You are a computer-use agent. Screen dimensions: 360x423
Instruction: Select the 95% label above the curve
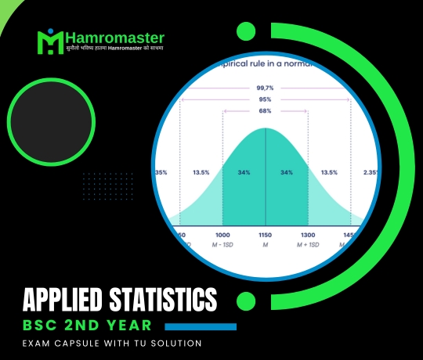[x=266, y=100]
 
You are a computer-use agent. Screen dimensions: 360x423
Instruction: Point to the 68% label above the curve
[x=266, y=112]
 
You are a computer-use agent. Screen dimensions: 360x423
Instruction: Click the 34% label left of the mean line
[x=244, y=173]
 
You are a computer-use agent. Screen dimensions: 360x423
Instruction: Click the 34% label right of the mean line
[x=287, y=173]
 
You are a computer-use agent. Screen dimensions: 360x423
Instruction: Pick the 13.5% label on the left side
[x=201, y=173]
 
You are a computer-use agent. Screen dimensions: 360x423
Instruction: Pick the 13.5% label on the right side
[x=328, y=173]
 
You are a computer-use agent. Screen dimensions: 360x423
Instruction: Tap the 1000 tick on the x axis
[x=223, y=235]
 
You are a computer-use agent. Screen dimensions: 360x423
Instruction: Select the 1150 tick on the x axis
[x=266, y=235]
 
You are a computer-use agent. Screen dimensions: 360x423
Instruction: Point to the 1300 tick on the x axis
[x=308, y=235]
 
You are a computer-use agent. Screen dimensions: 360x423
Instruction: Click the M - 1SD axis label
[x=223, y=245]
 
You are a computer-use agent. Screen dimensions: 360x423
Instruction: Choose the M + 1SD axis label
[x=308, y=245]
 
